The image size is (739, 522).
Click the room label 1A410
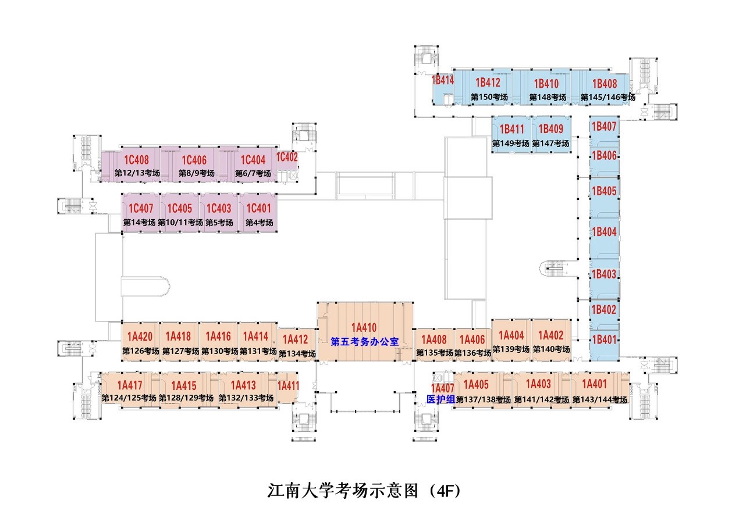[x=364, y=327]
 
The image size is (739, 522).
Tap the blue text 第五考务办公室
[x=364, y=342]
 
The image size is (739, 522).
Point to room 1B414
[x=443, y=80]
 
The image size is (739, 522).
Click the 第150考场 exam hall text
[x=489, y=97]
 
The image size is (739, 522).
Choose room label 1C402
[x=287, y=157]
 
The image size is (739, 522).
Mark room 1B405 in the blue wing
[x=604, y=191]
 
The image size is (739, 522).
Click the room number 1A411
[x=288, y=385]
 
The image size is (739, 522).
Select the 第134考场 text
[x=297, y=353]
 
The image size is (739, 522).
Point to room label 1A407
[x=442, y=388]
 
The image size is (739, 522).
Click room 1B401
[x=604, y=339]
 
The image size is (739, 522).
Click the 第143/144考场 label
[x=599, y=399]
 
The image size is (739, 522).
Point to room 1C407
[x=140, y=208]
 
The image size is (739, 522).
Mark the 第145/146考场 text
[x=607, y=97]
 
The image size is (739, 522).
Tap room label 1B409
[x=550, y=129]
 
